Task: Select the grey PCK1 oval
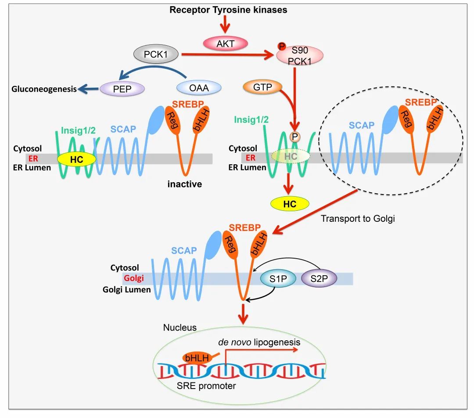click(155, 55)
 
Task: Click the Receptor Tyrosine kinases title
click(228, 9)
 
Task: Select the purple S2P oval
click(319, 279)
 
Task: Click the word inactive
click(184, 184)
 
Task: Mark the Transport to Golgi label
click(358, 218)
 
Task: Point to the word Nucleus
click(180, 328)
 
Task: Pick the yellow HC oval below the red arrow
click(290, 204)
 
